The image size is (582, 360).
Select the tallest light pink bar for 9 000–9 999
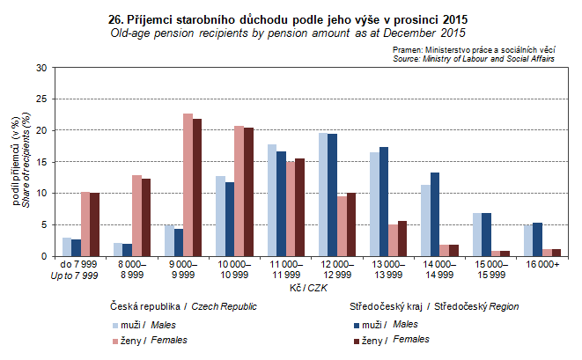click(188, 185)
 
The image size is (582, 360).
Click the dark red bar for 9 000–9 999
click(197, 187)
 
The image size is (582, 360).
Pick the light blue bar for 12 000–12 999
click(323, 195)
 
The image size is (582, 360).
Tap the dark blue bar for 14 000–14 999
click(435, 214)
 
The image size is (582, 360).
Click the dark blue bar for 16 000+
click(536, 239)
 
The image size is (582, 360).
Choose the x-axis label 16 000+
click(531, 264)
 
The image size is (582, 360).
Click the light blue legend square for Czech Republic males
click(115, 325)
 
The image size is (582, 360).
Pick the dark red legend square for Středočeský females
click(347, 340)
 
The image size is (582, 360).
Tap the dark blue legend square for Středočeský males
click(347, 325)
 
